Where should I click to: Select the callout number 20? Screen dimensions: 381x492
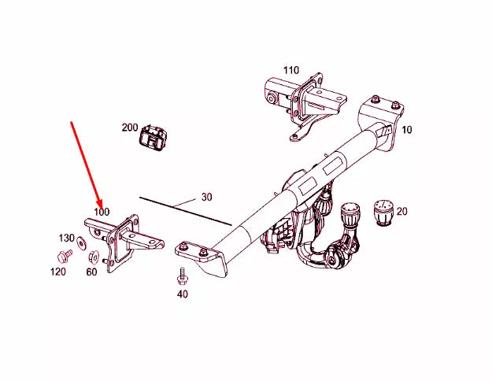[402, 211]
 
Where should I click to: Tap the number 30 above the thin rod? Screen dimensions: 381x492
[207, 197]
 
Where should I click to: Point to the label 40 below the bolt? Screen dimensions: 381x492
[183, 294]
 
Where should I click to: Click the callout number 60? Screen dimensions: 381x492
[91, 272]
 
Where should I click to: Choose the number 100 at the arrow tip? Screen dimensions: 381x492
[102, 212]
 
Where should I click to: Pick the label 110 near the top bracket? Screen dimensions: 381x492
[291, 70]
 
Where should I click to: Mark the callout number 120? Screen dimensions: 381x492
[59, 272]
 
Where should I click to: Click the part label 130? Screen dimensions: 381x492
[66, 238]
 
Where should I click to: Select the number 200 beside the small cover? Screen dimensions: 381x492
[130, 128]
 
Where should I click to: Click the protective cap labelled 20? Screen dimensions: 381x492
[382, 211]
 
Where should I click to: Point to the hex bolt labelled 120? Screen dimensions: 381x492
[62, 256]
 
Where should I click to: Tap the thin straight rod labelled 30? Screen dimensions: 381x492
[185, 210]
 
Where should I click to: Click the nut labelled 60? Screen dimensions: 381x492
[94, 255]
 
